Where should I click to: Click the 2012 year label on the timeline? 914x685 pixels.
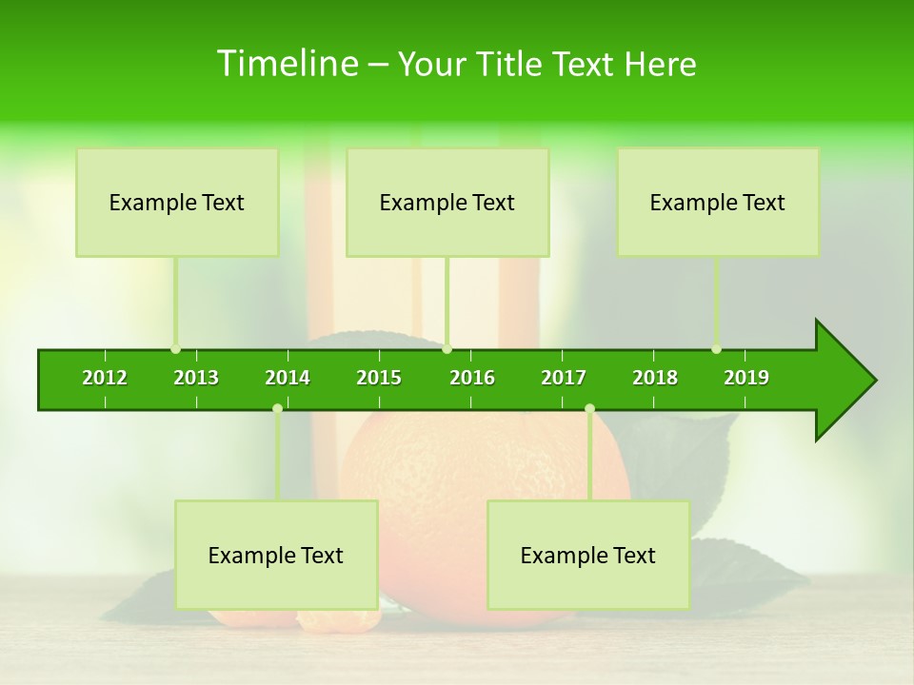pos(105,378)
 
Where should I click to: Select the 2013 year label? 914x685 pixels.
pos(196,378)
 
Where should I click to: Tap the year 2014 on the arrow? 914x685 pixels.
pos(288,378)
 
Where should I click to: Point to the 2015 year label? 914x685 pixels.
pos(379,378)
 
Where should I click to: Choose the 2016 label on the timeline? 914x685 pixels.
pos(472,378)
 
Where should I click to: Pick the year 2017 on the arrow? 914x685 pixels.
pos(564,378)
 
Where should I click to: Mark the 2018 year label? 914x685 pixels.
pos(655,378)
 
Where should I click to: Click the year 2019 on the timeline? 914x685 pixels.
pos(746,378)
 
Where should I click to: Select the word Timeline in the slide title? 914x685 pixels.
pos(287,64)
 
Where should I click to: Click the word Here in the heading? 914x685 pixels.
pos(661,64)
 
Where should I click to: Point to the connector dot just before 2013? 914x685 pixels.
pos(175,349)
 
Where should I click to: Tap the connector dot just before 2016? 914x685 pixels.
pos(447,349)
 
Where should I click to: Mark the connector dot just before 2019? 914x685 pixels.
pos(716,349)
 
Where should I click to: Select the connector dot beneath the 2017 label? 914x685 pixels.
pos(589,409)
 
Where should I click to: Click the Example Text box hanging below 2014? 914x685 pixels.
pos(276,555)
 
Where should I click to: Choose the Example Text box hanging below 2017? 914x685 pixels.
pos(588,555)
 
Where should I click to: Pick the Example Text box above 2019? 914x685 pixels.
pos(718,202)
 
